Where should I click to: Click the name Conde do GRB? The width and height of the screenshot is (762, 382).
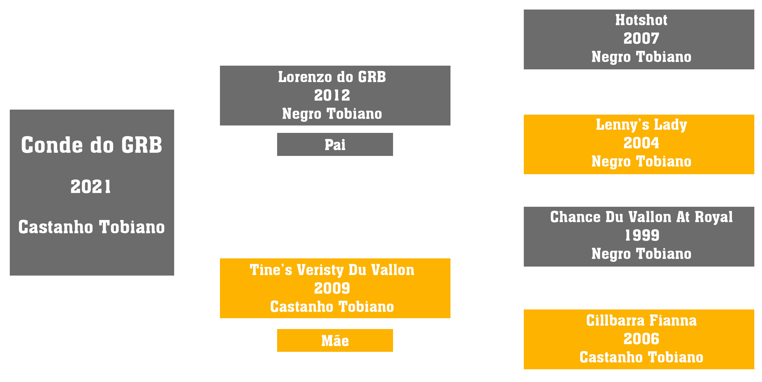(x=92, y=145)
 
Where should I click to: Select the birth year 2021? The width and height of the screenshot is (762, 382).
(x=91, y=187)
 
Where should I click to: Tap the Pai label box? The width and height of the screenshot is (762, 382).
(x=335, y=144)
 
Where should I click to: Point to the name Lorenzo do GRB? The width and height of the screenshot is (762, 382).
(x=332, y=77)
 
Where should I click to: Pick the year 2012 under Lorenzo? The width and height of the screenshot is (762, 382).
(x=332, y=95)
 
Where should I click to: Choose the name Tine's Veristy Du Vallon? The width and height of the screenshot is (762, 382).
(x=332, y=270)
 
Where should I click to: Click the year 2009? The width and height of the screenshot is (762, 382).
(x=332, y=288)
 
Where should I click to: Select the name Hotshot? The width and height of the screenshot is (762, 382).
(x=641, y=20)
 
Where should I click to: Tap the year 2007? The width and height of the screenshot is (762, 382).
(x=641, y=38)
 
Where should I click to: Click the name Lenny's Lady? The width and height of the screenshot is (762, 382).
(x=641, y=125)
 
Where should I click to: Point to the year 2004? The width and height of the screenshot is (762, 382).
(x=641, y=143)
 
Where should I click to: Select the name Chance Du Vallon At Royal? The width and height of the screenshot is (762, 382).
(x=641, y=217)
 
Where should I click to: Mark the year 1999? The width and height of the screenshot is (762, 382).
(x=642, y=236)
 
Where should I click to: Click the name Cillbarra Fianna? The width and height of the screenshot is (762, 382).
(x=641, y=321)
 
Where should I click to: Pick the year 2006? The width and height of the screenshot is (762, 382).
(x=641, y=339)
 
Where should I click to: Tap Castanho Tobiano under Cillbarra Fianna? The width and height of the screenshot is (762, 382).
(x=641, y=357)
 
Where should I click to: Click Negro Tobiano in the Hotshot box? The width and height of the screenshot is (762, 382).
(x=641, y=57)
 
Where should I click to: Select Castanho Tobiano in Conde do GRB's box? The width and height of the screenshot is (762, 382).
(x=91, y=227)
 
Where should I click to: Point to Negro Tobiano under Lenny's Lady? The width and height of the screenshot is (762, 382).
(x=641, y=161)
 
